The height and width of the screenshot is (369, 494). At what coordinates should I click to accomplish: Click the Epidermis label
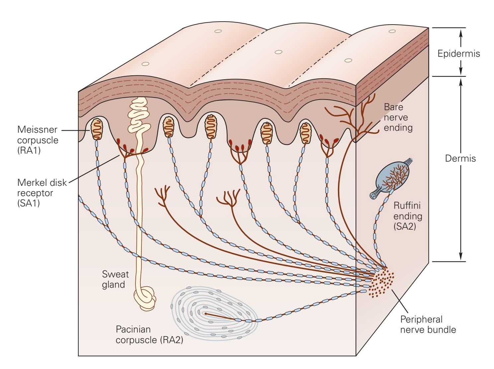[458, 53]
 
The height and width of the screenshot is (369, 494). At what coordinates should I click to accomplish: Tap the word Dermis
[460, 159]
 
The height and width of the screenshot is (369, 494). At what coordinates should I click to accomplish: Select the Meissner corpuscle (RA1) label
[38, 140]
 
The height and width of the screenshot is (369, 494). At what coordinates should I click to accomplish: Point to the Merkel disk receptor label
[42, 193]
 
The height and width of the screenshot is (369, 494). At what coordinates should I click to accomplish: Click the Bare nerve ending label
[398, 117]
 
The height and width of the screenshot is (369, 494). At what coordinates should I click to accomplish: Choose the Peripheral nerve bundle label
[428, 324]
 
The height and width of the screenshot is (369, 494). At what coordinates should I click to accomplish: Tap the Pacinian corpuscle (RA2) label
[149, 334]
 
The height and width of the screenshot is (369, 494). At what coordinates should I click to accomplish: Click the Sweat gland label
[115, 279]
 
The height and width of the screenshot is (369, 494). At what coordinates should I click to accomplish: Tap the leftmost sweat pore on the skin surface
[145, 64]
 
